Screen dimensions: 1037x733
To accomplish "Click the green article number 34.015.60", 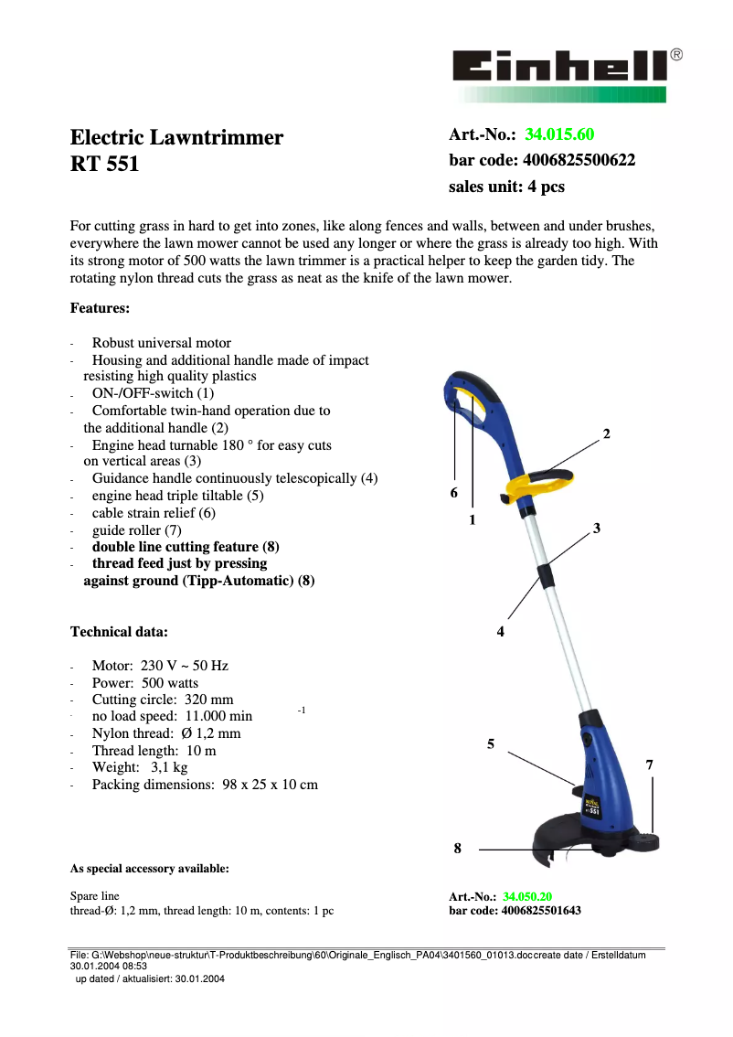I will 559,135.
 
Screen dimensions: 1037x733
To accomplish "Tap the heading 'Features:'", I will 100,308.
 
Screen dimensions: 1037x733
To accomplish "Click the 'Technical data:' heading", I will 119,632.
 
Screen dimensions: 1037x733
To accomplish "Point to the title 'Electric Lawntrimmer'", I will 176,138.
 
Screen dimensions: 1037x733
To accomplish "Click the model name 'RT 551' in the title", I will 104,166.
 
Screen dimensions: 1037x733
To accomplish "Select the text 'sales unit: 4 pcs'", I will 506,187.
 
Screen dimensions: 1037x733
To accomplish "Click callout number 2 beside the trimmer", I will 606,433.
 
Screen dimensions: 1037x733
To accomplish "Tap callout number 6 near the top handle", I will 453,493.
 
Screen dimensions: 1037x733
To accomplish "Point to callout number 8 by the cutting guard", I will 458,850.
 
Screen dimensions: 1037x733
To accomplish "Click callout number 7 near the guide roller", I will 650,764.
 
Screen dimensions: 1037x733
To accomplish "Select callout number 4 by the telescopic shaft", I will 501,632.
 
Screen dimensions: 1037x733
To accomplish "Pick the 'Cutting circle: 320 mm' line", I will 163,700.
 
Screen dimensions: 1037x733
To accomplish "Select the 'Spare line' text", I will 95,896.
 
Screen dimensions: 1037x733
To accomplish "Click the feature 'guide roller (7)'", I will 136,530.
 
